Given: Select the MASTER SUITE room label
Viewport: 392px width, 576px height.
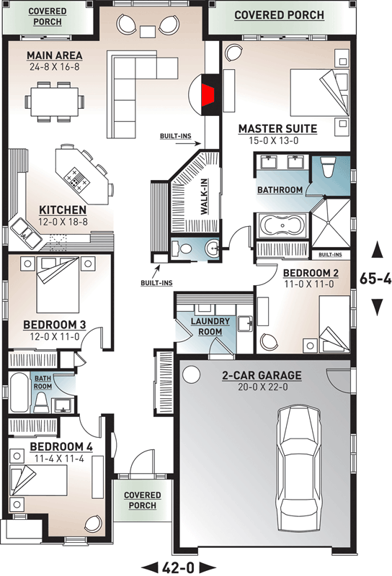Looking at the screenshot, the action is click(x=277, y=129).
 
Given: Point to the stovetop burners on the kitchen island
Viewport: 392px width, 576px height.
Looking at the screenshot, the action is click(x=76, y=178).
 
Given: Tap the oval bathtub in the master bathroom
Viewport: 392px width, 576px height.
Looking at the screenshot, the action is click(x=282, y=226).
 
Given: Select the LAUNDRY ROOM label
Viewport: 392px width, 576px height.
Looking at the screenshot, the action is click(x=210, y=327).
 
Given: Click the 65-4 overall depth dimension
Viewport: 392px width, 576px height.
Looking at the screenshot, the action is click(x=375, y=279).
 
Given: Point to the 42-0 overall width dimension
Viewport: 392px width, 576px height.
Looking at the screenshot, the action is click(x=178, y=567).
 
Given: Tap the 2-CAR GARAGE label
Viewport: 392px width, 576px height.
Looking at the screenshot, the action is click(x=262, y=375).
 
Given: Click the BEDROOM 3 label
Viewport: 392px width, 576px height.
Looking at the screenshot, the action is click(x=55, y=325).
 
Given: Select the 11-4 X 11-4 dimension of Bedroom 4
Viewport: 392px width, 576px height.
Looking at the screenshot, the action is click(x=60, y=459).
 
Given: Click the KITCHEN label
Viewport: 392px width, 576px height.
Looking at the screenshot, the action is click(x=63, y=210).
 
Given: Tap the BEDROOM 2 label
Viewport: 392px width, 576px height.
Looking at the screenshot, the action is click(x=311, y=274).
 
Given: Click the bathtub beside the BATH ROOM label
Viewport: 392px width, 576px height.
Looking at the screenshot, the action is click(x=19, y=393).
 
